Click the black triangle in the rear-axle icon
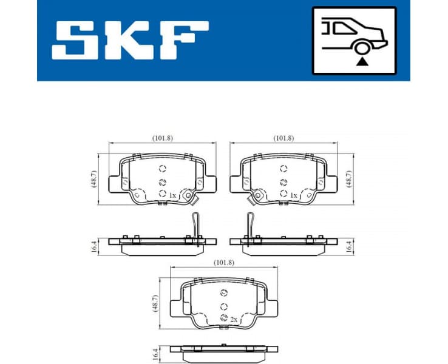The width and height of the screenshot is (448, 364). coord(362,61)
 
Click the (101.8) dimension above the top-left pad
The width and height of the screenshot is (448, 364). coord(162,138)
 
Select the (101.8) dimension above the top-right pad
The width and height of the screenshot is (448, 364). coord(283,138)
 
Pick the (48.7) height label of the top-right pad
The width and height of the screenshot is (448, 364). coord(349,179)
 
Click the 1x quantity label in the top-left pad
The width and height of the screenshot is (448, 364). coord(172,195)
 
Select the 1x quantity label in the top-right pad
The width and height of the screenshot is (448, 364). coord(294,195)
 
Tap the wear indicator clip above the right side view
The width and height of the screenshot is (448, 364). coord(249,225)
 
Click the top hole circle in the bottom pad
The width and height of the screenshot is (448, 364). coord(223,293)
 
